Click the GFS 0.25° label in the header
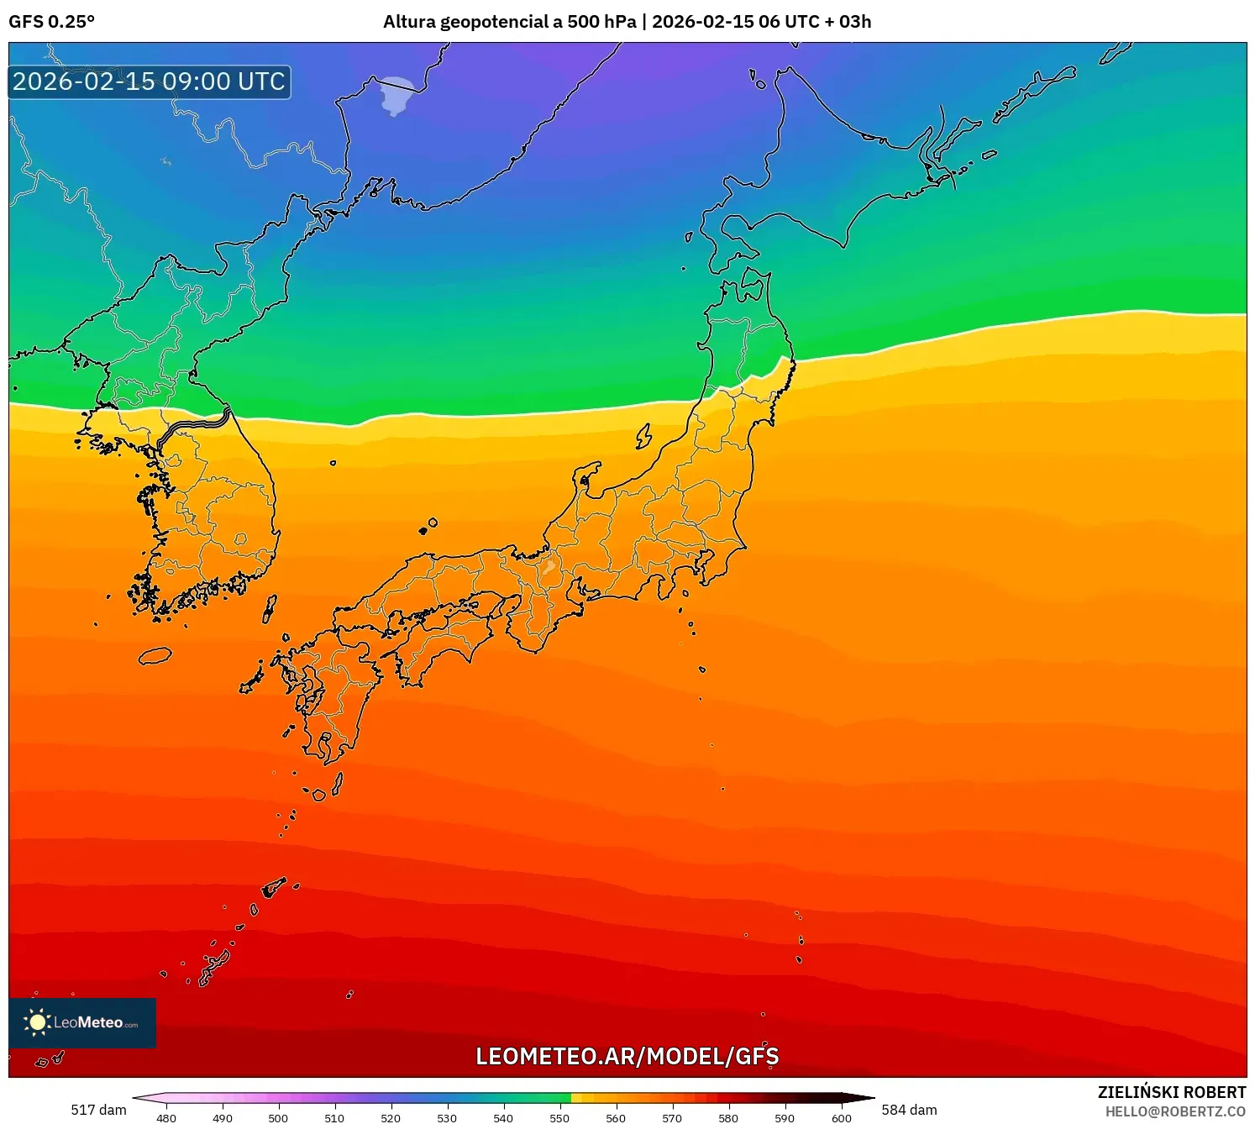[51, 22]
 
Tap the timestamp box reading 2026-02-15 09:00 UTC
[150, 82]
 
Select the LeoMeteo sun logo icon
[37, 1022]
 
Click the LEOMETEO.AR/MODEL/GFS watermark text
[627, 1057]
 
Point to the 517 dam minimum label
[98, 1110]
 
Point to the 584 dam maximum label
[909, 1110]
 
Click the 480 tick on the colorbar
[166, 1117]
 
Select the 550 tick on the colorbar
[559, 1117]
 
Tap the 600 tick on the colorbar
[841, 1117]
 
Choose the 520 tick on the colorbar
[391, 1117]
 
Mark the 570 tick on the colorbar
[672, 1117]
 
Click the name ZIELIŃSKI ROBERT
[1171, 1092]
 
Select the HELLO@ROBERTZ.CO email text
[1174, 1111]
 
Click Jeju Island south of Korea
[155, 655]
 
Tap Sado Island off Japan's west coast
[643, 435]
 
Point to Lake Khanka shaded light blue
[396, 94]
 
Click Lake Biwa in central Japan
[549, 565]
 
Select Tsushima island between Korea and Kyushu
[270, 608]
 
